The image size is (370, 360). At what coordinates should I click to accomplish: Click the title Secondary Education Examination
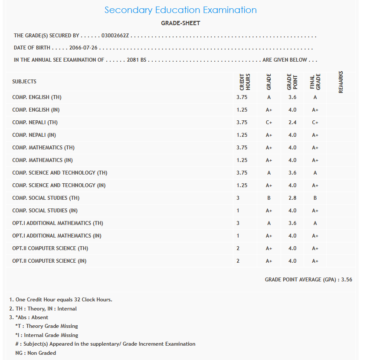coord(180,10)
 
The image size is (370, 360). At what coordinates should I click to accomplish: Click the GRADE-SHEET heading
coord(180,23)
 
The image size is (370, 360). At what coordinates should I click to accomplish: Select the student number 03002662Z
coord(115,36)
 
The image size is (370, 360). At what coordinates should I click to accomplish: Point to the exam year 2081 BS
coord(137,60)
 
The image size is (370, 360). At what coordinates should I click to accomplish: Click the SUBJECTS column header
coord(24,82)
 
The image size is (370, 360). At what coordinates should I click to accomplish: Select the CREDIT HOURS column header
coord(245,81)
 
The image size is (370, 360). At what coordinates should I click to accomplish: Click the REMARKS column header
coord(341,81)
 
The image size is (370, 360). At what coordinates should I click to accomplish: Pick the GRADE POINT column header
coord(292,81)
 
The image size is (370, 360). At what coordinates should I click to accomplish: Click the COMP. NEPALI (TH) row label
coord(35,122)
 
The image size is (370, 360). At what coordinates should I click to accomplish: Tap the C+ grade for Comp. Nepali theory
coord(269,122)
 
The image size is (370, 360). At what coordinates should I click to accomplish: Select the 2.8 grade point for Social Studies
coord(292,198)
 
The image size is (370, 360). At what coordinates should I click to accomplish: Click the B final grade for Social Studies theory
coord(315,198)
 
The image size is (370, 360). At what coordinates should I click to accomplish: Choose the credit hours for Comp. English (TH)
coord(242,97)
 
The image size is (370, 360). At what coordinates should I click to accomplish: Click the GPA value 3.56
coord(347,280)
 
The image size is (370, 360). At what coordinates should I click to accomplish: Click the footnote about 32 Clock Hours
coord(61,300)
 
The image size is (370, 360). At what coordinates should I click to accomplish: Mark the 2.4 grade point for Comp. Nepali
coord(292,122)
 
